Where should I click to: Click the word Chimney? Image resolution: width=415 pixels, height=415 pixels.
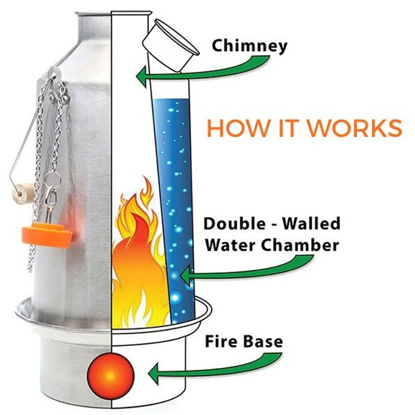click(249, 46)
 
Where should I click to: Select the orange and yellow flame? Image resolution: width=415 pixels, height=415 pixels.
click(137, 259)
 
